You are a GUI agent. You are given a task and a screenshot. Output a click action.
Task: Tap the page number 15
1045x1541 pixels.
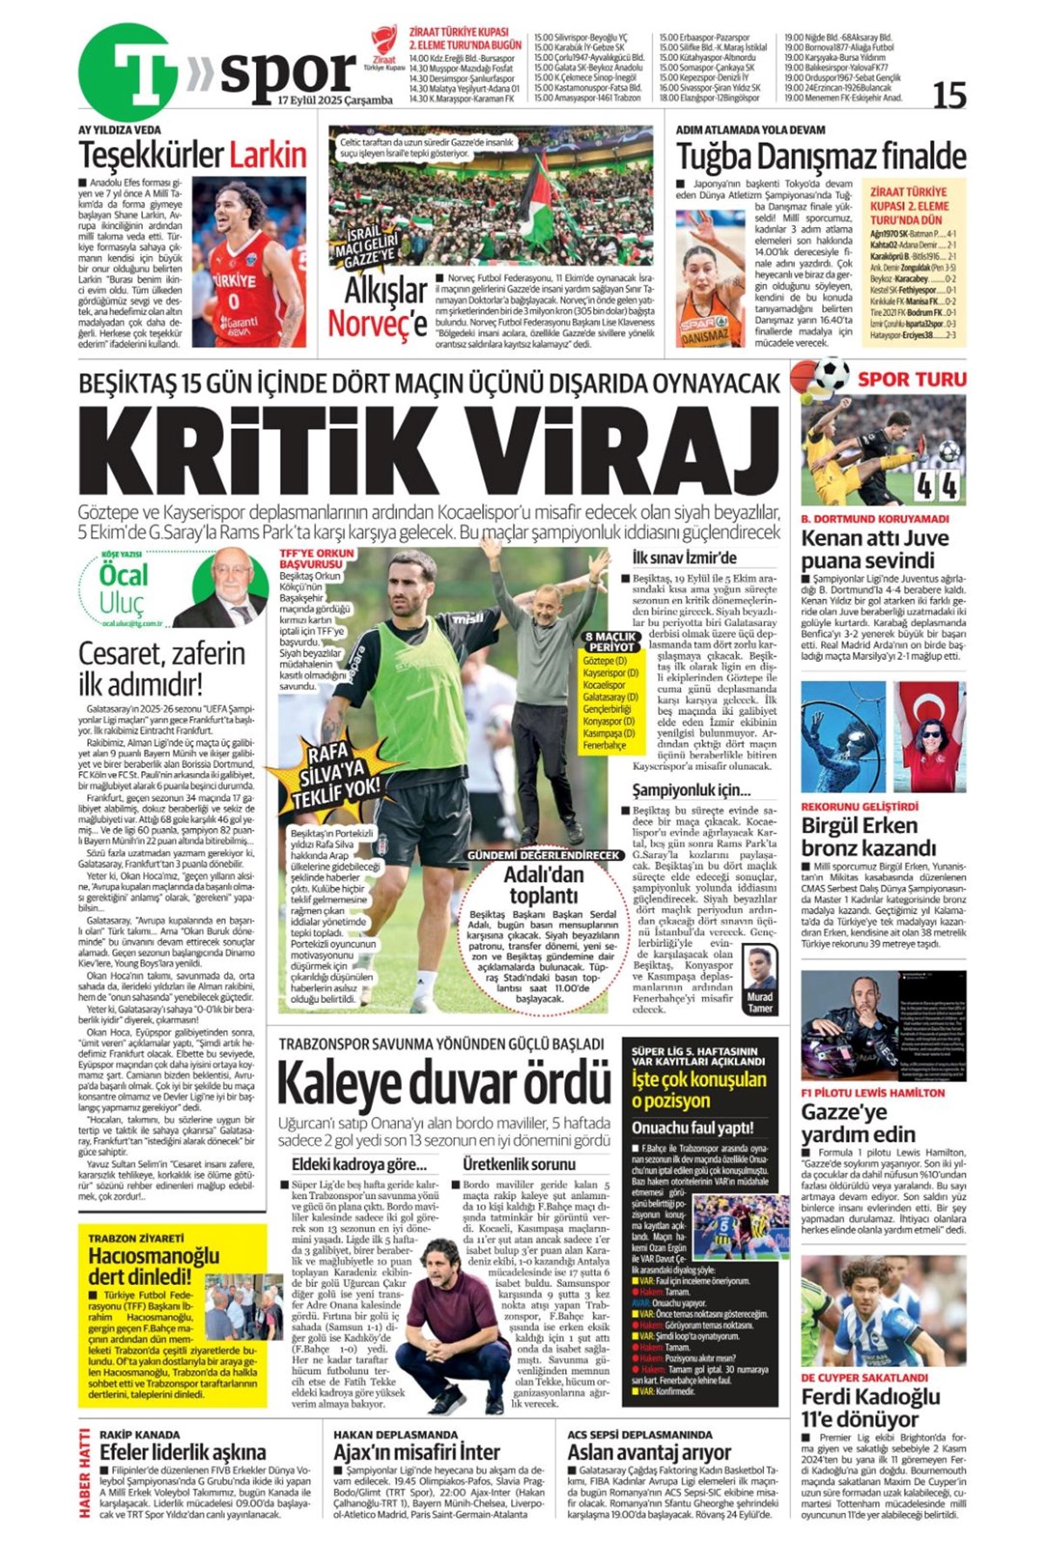(948, 95)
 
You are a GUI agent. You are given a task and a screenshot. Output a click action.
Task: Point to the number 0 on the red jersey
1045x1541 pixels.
(233, 302)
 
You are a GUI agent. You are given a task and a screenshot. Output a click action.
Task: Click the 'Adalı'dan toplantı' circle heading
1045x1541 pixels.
(544, 885)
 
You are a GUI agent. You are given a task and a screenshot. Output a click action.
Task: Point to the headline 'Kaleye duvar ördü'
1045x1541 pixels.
(443, 1083)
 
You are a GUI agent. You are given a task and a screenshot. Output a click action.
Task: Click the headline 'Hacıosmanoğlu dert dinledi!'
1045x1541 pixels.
(152, 1266)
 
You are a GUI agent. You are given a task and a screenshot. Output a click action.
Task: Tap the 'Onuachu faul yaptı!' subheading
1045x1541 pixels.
(692, 1127)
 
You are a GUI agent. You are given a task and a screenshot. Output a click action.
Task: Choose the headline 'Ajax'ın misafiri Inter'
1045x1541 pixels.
(416, 1451)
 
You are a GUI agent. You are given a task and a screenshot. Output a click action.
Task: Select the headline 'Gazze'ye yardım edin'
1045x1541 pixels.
(858, 1123)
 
